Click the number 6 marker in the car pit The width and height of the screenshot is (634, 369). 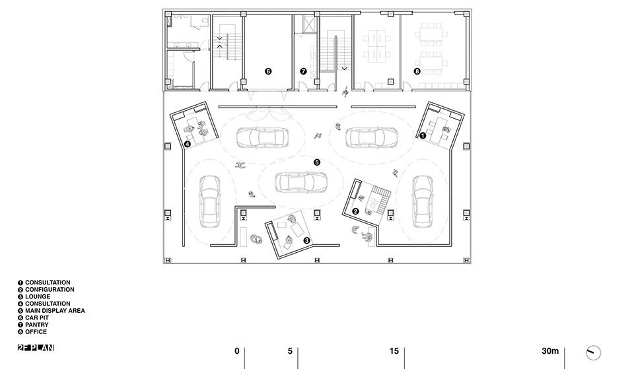point(268,71)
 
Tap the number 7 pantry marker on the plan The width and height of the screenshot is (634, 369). point(303,71)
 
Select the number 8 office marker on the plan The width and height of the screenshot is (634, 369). point(417,71)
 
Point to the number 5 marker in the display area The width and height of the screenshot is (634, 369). point(316,162)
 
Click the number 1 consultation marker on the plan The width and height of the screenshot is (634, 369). point(423,136)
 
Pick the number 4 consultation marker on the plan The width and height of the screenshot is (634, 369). point(187,144)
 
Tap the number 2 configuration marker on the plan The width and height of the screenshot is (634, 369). point(355,211)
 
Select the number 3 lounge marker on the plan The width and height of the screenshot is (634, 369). point(307,240)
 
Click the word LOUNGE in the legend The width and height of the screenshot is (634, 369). point(38,296)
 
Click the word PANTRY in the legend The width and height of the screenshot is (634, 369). point(37,325)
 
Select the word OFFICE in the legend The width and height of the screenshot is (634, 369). point(36,332)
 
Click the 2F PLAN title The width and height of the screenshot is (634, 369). point(36,348)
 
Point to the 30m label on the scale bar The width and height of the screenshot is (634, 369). point(550,351)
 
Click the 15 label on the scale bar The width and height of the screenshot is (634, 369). point(394,351)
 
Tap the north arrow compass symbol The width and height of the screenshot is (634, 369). point(593,353)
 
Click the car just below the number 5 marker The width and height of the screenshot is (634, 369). point(301,182)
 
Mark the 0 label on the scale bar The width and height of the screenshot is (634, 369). point(237,351)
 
